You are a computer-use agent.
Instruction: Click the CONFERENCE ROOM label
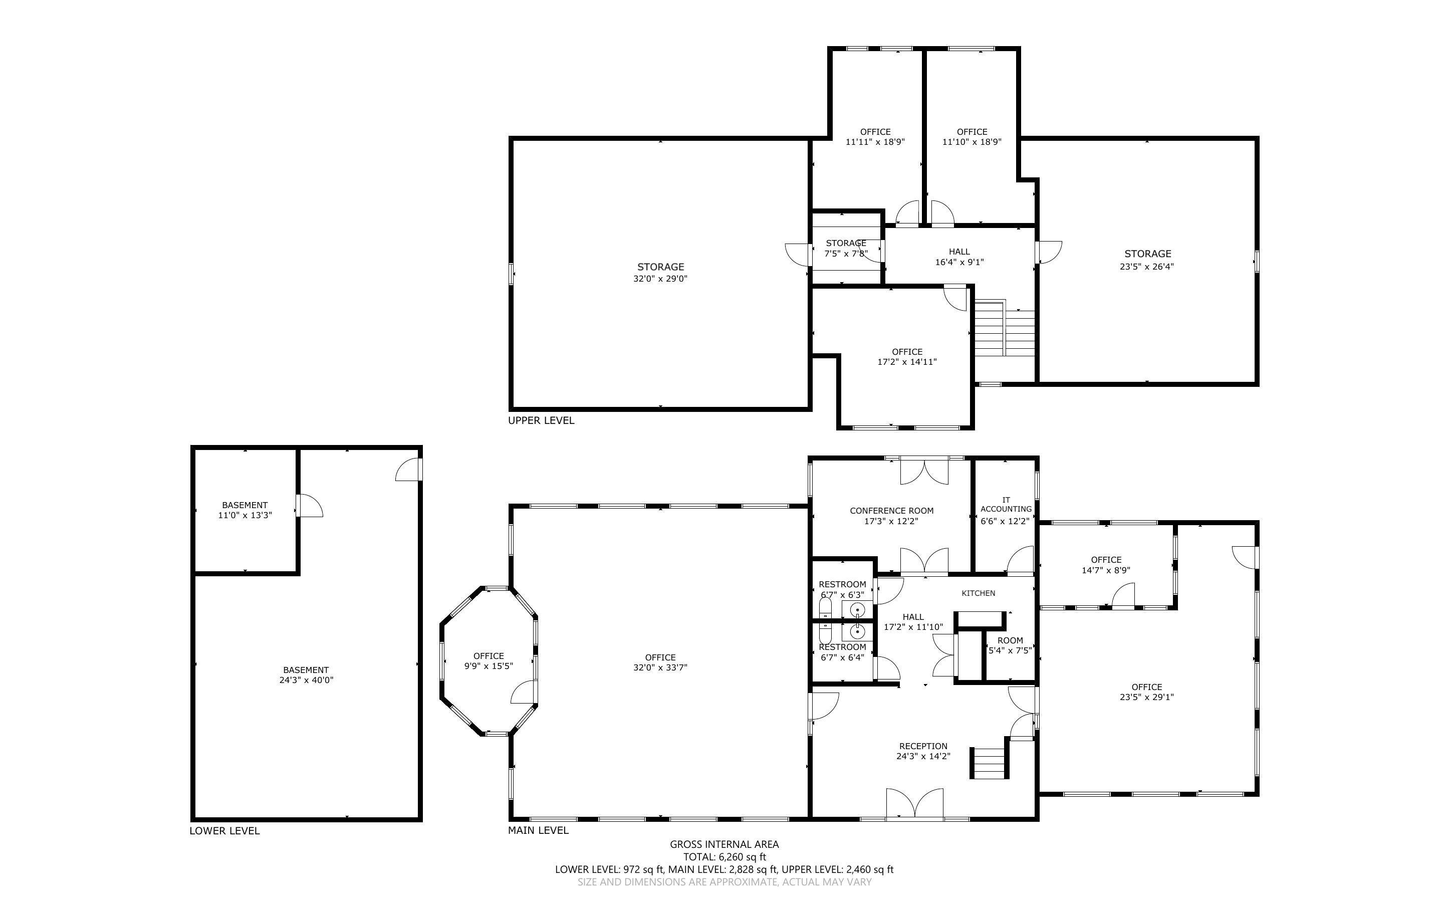pos(891,511)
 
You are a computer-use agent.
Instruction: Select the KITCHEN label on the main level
pos(978,593)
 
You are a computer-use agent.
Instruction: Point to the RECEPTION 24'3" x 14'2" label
pos(923,751)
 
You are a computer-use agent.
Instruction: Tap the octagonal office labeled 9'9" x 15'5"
pos(488,661)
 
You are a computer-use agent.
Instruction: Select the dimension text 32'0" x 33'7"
pos(660,667)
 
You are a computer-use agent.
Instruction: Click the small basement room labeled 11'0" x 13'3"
pos(245,510)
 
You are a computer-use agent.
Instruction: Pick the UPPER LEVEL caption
pos(541,420)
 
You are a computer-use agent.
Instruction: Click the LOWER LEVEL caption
pos(224,831)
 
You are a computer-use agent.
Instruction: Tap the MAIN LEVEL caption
pos(538,830)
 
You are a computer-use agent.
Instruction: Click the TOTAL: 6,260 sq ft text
pos(724,857)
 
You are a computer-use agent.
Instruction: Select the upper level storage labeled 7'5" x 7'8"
pos(845,248)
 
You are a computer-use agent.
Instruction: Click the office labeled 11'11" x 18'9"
pos(875,137)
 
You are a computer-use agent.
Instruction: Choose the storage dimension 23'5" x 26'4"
pos(1146,267)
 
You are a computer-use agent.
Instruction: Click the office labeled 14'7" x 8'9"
pos(1106,565)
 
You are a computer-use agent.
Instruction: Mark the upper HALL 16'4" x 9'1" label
pos(959,257)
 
